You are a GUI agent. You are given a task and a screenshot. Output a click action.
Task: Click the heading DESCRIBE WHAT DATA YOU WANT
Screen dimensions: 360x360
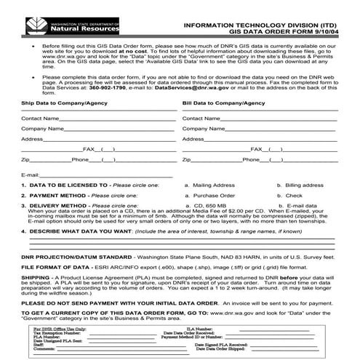81,231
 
